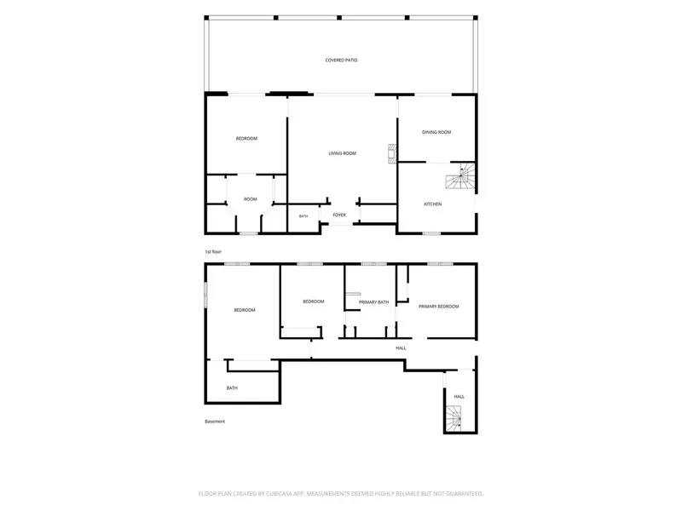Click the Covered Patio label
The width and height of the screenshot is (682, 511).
coord(342,60)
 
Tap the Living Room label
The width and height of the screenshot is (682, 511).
coord(343,153)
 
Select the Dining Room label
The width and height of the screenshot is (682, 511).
coord(436,132)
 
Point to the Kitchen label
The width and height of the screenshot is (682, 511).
coord(433,204)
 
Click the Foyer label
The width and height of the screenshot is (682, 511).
coord(339,215)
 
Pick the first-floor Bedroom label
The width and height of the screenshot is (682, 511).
coord(246,139)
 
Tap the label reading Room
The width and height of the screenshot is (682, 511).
coord(250,199)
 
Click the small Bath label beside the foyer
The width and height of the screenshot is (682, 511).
coord(303,216)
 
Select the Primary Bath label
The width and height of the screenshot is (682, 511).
coord(373,302)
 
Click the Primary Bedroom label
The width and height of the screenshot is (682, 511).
coord(438,307)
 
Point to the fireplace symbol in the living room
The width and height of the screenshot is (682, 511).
coord(392,154)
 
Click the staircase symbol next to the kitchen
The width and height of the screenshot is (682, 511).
coord(459,176)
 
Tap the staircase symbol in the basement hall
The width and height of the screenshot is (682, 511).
coord(454,417)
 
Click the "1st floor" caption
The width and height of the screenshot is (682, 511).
coord(213,251)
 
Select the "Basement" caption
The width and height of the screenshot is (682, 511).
coord(215,422)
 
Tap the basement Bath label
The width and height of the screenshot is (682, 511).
coord(232,388)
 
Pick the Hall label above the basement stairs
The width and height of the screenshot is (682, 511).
coord(459,397)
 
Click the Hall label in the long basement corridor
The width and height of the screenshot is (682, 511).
coord(401,348)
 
